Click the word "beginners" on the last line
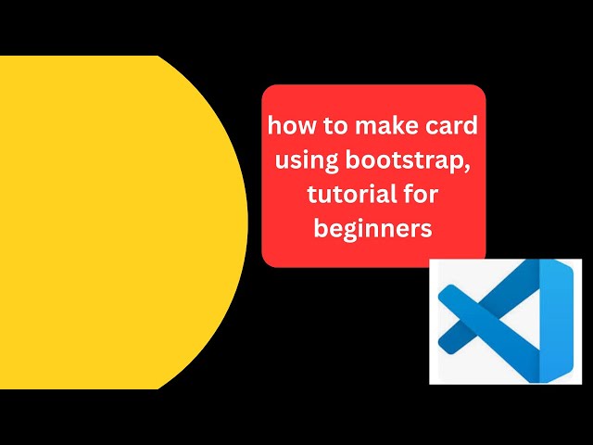point(373,228)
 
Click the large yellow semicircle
point(111,222)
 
